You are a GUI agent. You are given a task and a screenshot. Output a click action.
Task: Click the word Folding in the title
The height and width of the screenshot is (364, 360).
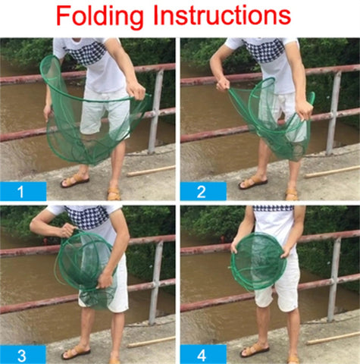(x=99, y=17)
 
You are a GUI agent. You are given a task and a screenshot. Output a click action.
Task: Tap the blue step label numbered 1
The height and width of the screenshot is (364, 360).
(x=23, y=191)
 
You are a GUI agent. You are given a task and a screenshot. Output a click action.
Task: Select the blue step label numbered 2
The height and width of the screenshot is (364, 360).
(x=203, y=191)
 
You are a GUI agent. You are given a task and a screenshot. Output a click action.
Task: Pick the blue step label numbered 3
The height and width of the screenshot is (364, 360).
(x=23, y=354)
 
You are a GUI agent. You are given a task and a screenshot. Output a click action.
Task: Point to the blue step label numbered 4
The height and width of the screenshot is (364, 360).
(x=203, y=354)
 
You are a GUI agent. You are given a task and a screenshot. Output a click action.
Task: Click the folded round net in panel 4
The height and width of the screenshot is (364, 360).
(x=258, y=262)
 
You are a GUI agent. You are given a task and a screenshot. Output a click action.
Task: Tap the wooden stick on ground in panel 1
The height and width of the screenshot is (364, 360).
(x=151, y=171)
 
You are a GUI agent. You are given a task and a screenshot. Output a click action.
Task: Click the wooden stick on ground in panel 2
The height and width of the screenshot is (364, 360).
(x=332, y=172)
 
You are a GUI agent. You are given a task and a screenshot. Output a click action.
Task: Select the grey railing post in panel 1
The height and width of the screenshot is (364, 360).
(x=155, y=111)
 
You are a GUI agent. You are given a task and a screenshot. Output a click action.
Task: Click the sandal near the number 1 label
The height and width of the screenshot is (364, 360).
(x=75, y=180)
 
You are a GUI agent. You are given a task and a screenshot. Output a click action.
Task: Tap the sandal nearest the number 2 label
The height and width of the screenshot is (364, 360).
(x=253, y=183)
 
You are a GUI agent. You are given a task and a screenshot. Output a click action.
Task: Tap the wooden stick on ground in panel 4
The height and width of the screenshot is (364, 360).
(x=333, y=338)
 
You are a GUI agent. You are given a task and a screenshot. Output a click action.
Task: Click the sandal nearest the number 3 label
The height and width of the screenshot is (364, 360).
(x=76, y=352)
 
